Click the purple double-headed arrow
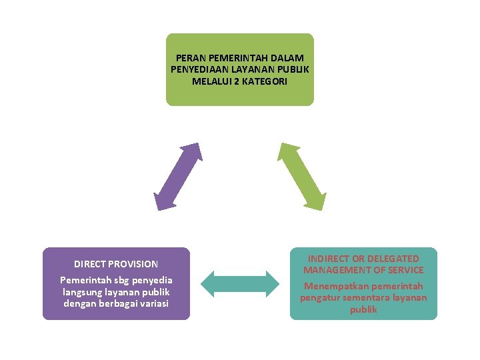pos(177,177)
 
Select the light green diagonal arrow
pos(301,177)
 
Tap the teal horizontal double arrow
pos(240,283)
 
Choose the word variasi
pos(151,303)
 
